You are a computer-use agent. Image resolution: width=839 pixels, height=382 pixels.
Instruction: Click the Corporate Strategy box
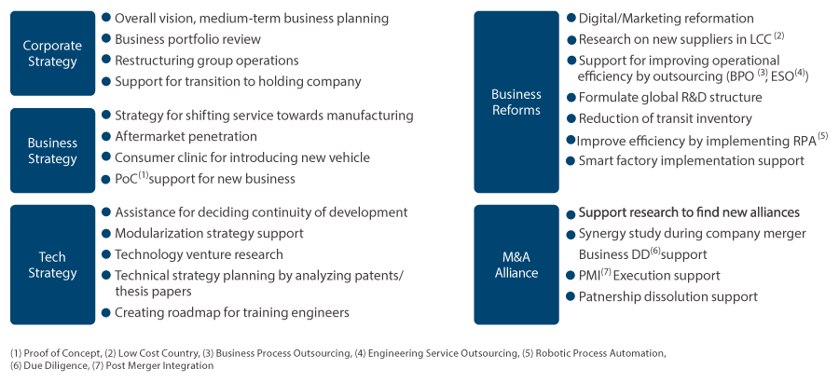coord(51,53)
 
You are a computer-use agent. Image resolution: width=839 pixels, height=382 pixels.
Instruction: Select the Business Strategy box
coord(51,151)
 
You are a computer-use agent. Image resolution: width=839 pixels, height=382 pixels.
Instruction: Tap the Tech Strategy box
coord(51,265)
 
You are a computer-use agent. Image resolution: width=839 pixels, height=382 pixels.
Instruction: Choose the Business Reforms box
coord(516,102)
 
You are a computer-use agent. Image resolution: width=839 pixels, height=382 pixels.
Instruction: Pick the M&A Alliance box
coord(516,265)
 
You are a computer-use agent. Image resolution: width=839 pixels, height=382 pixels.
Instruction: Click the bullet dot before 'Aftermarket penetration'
coord(106,137)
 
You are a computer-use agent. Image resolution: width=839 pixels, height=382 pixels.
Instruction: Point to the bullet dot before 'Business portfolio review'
coord(106,39)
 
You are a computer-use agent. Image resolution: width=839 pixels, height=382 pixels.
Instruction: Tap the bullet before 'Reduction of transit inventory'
coord(571,118)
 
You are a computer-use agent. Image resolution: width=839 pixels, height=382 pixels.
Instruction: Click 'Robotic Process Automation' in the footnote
coord(603,353)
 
